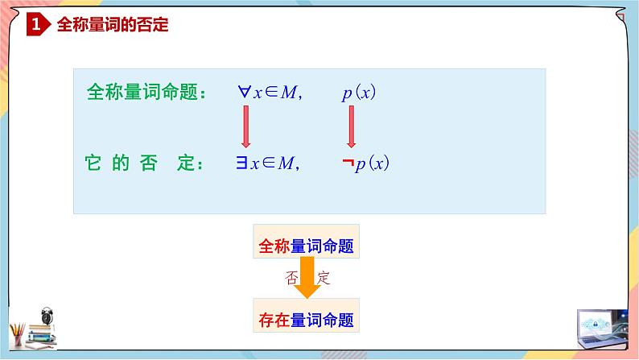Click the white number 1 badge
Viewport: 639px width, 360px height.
pos(35,26)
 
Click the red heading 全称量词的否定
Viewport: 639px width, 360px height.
pos(112,25)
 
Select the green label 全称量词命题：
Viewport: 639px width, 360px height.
pos(146,93)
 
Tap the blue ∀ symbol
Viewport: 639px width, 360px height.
pos(244,92)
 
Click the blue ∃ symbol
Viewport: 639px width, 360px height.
pos(241,163)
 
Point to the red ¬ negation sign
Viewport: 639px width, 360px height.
pos(348,163)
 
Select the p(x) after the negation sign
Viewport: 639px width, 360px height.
pos(373,163)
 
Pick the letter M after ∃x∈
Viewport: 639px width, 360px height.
pos(287,163)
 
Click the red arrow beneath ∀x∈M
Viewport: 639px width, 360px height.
pos(245,127)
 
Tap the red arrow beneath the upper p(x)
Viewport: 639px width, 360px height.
pos(352,127)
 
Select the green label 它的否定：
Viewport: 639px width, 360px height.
pos(141,163)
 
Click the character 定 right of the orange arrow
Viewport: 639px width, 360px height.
pos(324,279)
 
